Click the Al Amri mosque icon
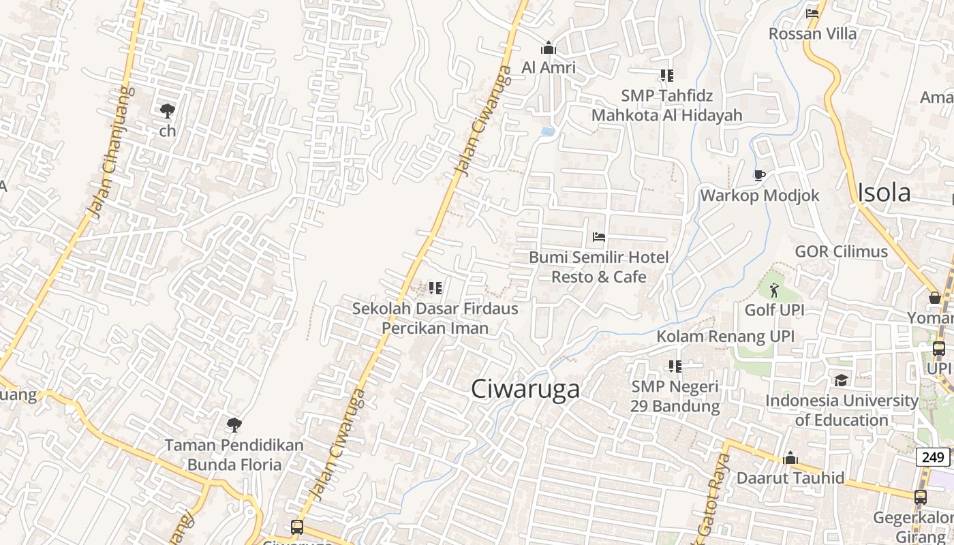click(548, 48)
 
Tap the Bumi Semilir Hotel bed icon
click(599, 237)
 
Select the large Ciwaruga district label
click(525, 388)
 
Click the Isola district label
click(884, 193)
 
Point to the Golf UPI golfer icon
click(774, 290)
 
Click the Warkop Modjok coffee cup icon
click(760, 176)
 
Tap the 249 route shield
click(932, 457)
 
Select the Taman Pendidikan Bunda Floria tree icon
click(234, 425)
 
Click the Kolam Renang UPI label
click(725, 336)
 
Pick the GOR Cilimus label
click(841, 251)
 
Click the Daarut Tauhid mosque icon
click(790, 458)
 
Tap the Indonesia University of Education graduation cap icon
click(842, 380)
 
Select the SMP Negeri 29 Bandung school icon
click(675, 367)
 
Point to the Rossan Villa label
click(812, 33)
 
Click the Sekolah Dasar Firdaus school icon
click(435, 288)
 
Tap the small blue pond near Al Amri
click(547, 131)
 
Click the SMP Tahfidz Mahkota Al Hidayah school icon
click(666, 75)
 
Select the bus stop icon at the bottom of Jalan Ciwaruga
click(297, 527)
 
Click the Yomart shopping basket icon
click(934, 298)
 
